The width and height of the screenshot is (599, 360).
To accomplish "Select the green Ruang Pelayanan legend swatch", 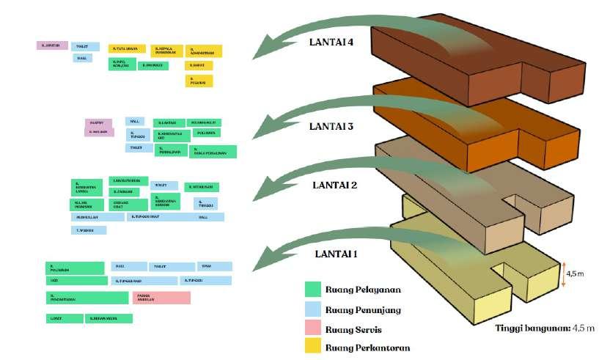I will [314, 289].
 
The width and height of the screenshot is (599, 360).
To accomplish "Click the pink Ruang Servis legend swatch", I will [314, 329].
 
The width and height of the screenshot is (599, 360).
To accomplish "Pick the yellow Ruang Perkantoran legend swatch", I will [314, 348].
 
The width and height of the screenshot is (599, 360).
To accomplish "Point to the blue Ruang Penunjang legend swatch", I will [314, 309].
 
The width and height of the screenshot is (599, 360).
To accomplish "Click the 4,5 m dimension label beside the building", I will [576, 274].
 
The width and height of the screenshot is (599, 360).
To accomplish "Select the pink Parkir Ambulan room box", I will [161, 298].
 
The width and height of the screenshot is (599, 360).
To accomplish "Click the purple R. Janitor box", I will [52, 45].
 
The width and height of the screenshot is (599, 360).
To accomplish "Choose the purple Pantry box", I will [98, 122].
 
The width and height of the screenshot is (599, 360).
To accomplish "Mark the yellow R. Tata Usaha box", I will [128, 49].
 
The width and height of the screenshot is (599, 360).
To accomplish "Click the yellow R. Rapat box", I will [199, 66].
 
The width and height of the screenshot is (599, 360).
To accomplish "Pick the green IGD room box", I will [76, 280].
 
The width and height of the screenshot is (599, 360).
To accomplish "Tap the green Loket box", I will [63, 318].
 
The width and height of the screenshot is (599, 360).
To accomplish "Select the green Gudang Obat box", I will [127, 204].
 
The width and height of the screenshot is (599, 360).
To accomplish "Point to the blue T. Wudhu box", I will [89, 230].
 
